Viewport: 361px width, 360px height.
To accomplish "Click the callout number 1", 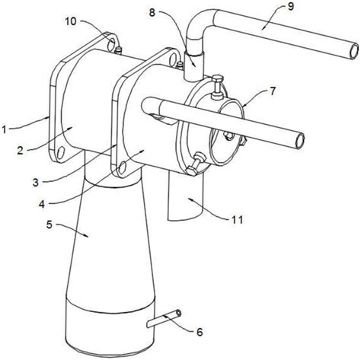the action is pyautogui.click(x=4, y=130).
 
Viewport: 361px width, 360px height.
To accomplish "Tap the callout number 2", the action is pyautogui.click(x=21, y=151).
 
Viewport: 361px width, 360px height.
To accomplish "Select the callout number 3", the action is pyautogui.click(x=36, y=183).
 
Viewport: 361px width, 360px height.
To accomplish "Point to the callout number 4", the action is pyautogui.click(x=42, y=203).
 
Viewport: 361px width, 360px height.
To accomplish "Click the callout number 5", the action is pyautogui.click(x=50, y=225).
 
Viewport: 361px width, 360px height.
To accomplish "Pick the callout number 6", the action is pyautogui.click(x=200, y=332).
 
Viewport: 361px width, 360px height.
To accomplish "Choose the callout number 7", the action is pyautogui.click(x=273, y=91).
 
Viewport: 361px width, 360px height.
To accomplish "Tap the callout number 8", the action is pyautogui.click(x=152, y=12).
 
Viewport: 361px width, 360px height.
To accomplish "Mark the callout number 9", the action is pyautogui.click(x=291, y=6).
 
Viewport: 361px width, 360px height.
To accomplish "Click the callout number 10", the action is pyautogui.click(x=71, y=21).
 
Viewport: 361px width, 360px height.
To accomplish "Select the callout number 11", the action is pyautogui.click(x=238, y=220).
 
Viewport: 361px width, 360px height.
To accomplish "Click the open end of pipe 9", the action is pyautogui.click(x=354, y=52).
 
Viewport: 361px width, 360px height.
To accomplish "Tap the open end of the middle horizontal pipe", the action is pyautogui.click(x=300, y=141).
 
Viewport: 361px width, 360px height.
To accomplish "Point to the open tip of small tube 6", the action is pyautogui.click(x=179, y=314).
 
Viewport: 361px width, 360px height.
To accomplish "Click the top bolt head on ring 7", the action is pyautogui.click(x=217, y=78).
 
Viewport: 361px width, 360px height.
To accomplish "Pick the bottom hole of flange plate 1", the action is pyautogui.click(x=61, y=153).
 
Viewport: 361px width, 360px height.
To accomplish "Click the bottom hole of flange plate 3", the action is pyautogui.click(x=122, y=167).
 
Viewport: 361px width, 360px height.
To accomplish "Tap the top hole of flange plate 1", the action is pyautogui.click(x=111, y=45).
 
